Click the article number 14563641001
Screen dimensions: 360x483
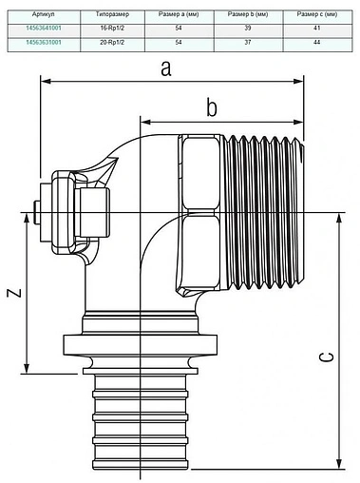[44, 29]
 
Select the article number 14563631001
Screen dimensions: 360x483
[44, 42]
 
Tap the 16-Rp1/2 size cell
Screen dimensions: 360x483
[112, 29]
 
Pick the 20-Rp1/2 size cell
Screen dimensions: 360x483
[112, 42]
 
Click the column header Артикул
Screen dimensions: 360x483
[44, 14]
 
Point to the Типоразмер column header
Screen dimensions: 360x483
[112, 14]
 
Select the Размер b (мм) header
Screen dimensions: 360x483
[248, 14]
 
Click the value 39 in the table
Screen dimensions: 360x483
[248, 29]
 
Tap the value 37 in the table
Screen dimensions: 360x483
[248, 42]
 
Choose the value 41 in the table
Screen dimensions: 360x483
[317, 29]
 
